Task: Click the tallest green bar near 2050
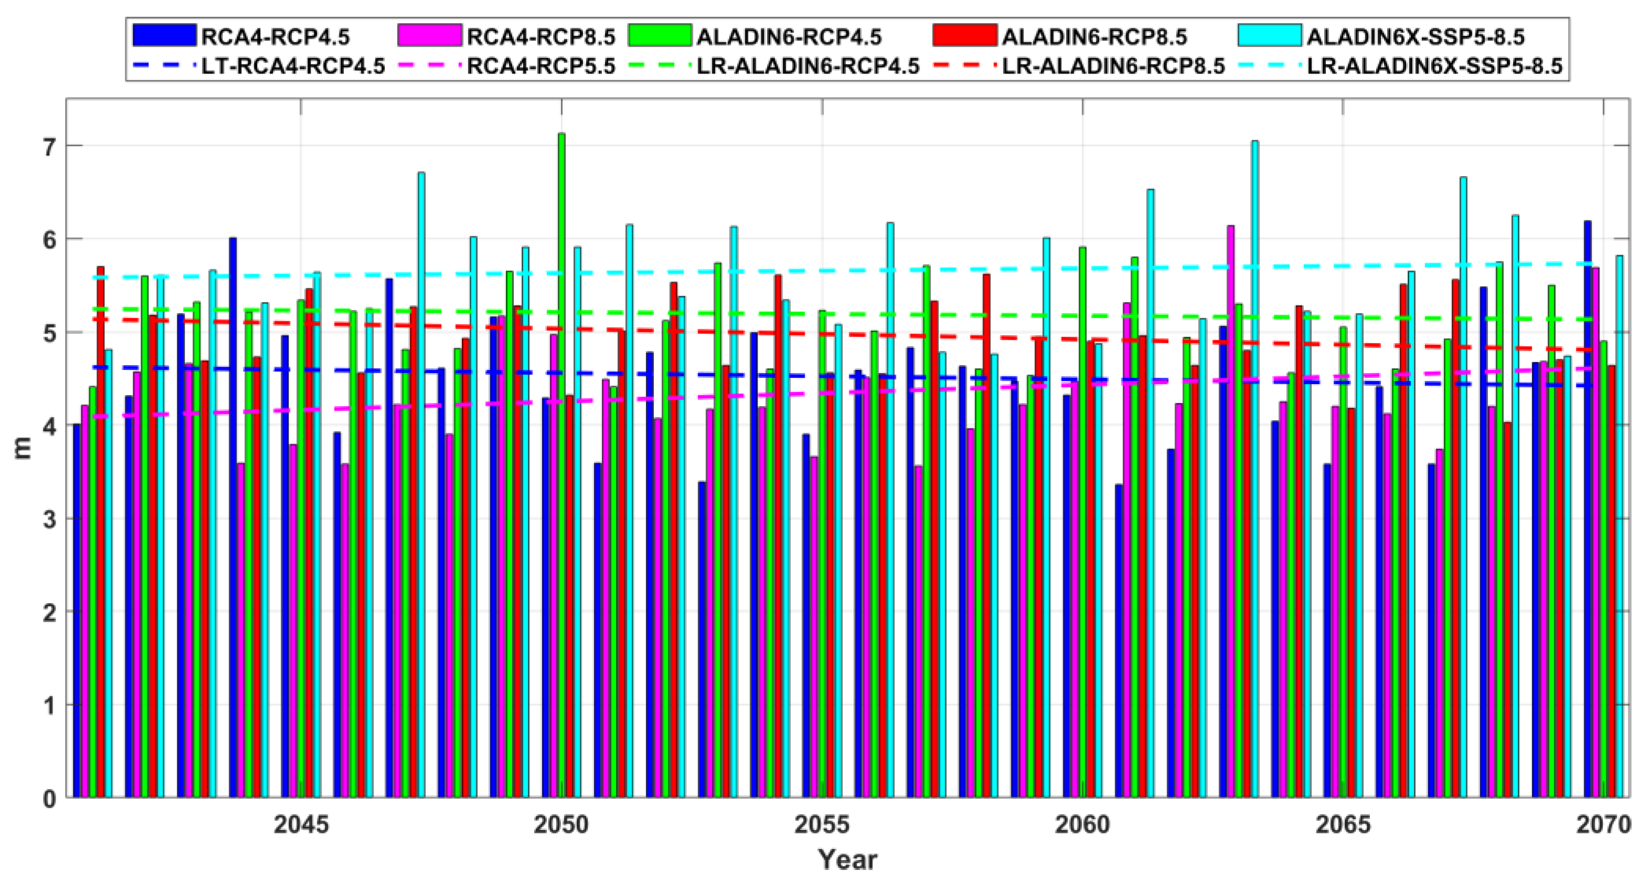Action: (x=561, y=465)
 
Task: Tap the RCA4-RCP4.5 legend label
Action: (x=275, y=37)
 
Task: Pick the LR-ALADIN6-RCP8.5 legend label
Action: (x=1114, y=66)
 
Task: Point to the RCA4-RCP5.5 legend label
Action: (x=541, y=66)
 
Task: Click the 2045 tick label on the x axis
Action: (x=301, y=825)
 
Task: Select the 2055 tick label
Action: (x=822, y=825)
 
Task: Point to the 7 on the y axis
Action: (x=48, y=146)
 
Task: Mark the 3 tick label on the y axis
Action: (x=48, y=519)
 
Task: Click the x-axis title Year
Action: (x=848, y=859)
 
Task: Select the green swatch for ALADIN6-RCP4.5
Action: (x=659, y=36)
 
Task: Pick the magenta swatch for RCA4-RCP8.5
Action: (x=429, y=36)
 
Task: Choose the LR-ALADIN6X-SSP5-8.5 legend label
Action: (x=1435, y=66)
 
